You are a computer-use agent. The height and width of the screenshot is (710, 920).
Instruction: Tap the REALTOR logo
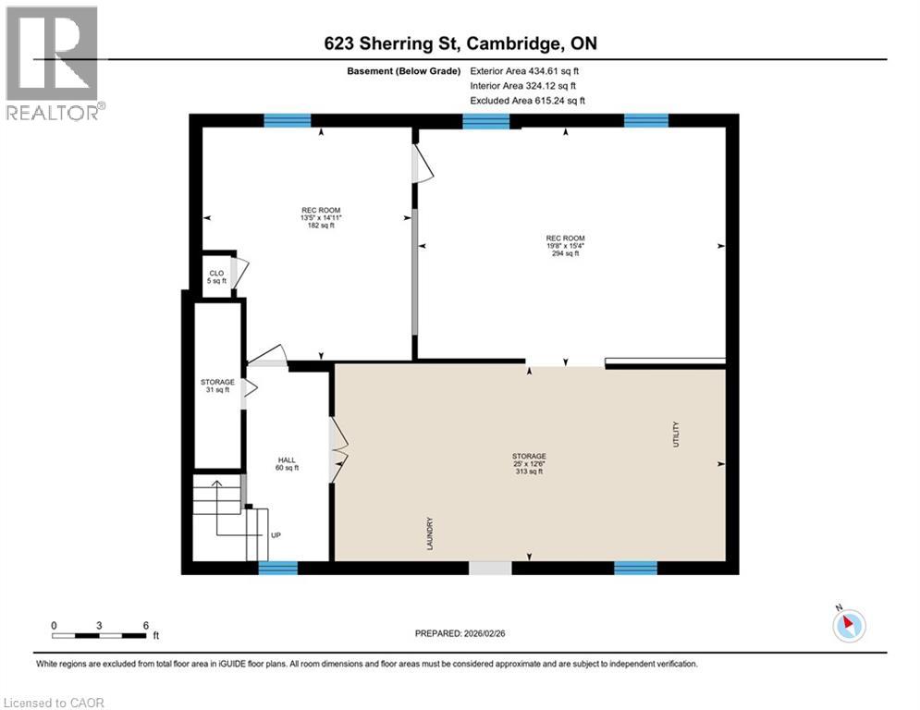click(54, 64)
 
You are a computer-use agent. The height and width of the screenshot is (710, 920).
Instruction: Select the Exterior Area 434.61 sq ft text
click(524, 71)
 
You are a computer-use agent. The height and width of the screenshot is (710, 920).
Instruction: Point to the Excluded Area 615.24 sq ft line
click(527, 101)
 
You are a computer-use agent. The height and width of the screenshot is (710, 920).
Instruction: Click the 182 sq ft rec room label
click(321, 217)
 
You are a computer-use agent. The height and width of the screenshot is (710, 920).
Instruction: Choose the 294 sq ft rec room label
click(566, 246)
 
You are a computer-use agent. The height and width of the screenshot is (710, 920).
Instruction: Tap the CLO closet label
click(216, 277)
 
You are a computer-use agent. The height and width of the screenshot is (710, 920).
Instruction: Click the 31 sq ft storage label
click(217, 386)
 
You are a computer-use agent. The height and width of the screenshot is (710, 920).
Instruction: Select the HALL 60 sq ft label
click(287, 463)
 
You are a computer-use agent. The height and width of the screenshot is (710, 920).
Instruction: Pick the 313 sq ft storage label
click(529, 463)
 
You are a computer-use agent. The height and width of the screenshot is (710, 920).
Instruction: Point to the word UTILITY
click(676, 435)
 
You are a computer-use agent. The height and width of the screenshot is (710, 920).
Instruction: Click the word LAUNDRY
click(430, 533)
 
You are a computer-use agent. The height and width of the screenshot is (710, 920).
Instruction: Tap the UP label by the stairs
click(276, 535)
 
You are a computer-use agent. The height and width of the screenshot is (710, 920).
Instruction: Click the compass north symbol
click(849, 625)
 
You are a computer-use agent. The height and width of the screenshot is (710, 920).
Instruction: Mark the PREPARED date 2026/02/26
click(460, 633)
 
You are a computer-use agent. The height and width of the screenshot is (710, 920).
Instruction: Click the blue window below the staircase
click(278, 568)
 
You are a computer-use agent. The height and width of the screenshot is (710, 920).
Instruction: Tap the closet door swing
click(239, 273)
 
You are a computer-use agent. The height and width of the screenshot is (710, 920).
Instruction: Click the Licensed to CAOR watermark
click(54, 703)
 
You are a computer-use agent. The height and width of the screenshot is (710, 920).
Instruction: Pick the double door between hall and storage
click(337, 450)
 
